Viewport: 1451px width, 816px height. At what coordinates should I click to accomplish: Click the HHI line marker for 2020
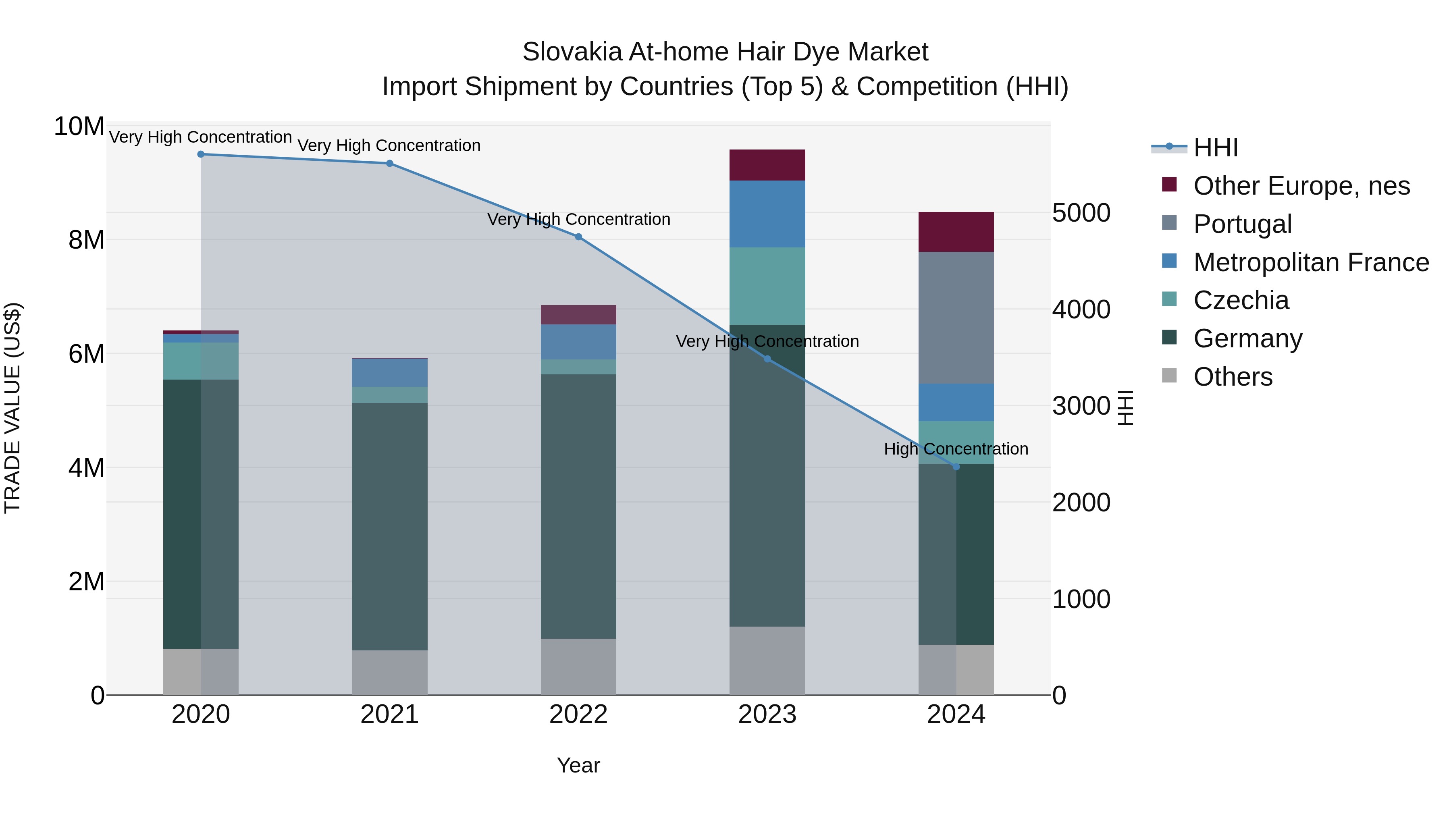pos(201,154)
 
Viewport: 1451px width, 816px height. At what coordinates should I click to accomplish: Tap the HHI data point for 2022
pos(578,237)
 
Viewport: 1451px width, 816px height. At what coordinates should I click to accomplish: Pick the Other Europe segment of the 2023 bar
pos(767,164)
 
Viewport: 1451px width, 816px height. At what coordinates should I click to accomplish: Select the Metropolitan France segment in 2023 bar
pos(767,214)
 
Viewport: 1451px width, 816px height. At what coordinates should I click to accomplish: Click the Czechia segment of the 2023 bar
pos(767,286)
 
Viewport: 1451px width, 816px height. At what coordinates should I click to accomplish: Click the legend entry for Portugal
pos(1242,224)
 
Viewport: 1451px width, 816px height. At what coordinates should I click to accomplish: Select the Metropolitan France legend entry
pos(1310,262)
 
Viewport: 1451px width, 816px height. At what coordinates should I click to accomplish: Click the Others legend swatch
pos(1169,376)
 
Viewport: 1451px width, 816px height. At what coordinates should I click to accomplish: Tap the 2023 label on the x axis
pos(767,714)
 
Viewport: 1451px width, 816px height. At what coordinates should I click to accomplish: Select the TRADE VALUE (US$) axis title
pos(12,408)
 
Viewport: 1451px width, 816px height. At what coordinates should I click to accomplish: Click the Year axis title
pos(578,765)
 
